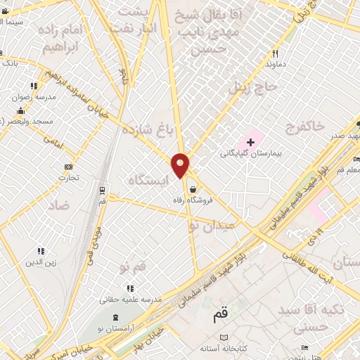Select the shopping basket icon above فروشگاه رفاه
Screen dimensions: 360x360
192,188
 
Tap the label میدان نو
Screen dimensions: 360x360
210,226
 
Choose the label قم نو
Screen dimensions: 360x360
133,269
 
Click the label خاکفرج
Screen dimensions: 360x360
306,127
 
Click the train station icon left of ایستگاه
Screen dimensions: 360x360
103,190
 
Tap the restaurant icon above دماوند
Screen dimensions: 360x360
276,53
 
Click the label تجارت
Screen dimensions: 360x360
68,178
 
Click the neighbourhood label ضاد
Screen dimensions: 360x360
59,205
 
